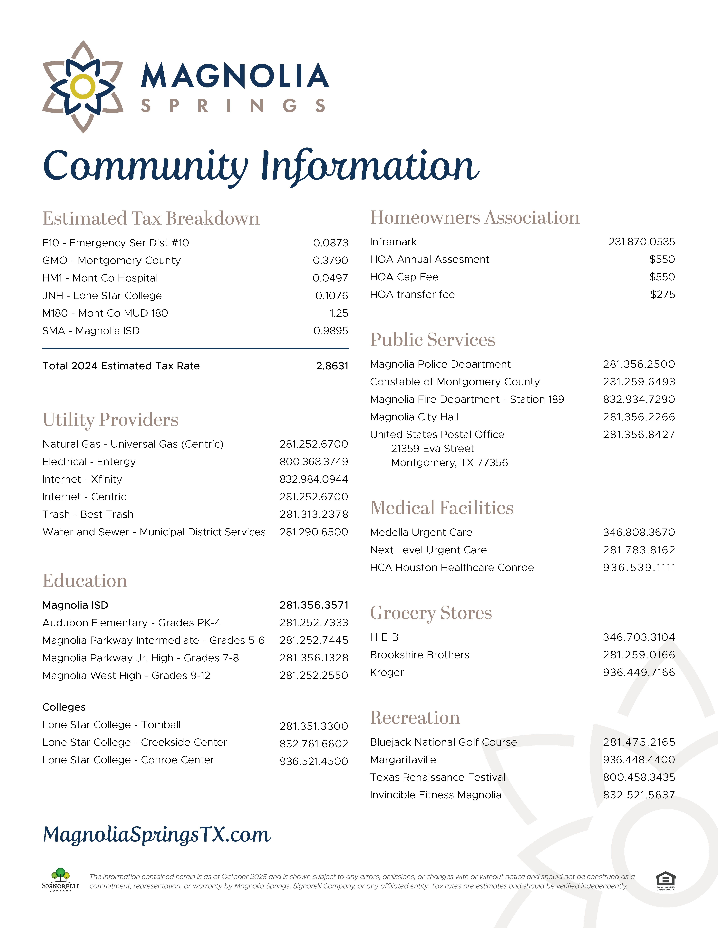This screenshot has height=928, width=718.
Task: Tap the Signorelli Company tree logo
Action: click(x=60, y=879)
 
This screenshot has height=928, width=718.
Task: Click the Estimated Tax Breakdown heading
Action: click(x=151, y=218)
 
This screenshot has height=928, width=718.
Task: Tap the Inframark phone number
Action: click(x=641, y=242)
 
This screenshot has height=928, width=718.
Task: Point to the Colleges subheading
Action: click(x=64, y=707)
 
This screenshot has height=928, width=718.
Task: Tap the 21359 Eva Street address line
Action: click(x=432, y=449)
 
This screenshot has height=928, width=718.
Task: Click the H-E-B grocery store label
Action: click(x=384, y=637)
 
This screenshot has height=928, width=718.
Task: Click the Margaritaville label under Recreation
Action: click(x=403, y=760)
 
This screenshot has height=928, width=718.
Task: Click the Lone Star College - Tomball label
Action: click(x=112, y=725)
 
